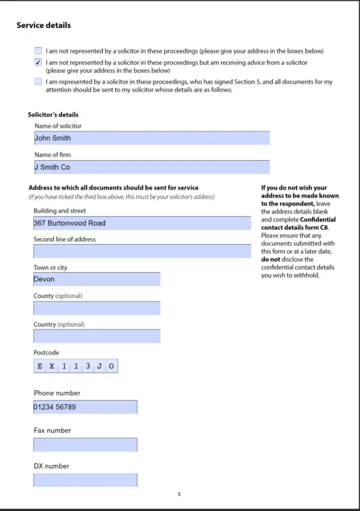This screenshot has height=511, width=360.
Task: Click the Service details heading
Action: [44, 25]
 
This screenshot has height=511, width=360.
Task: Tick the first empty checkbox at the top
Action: [38, 51]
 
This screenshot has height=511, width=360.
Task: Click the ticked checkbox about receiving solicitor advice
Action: [38, 63]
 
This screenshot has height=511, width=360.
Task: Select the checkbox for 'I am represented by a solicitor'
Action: [38, 82]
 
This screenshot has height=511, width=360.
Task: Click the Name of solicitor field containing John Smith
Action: [152, 138]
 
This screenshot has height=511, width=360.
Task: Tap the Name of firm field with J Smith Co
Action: [152, 167]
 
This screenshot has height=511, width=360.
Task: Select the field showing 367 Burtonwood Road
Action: [142, 223]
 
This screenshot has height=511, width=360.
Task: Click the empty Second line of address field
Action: [142, 251]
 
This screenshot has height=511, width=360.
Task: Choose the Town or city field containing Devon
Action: [97, 279]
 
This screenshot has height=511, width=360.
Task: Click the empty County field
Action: [97, 308]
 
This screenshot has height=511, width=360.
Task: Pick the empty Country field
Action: [97, 336]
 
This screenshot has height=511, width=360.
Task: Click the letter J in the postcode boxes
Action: [99, 366]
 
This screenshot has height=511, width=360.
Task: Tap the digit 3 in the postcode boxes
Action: [88, 366]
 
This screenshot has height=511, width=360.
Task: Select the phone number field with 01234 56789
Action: [85, 407]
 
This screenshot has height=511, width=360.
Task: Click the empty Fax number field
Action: [85, 445]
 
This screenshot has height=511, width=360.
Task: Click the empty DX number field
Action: [85, 480]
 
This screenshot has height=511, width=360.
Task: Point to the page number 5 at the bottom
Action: [179, 494]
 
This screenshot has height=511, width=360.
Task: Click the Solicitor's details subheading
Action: [53, 115]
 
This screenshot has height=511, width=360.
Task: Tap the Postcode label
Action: [46, 353]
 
